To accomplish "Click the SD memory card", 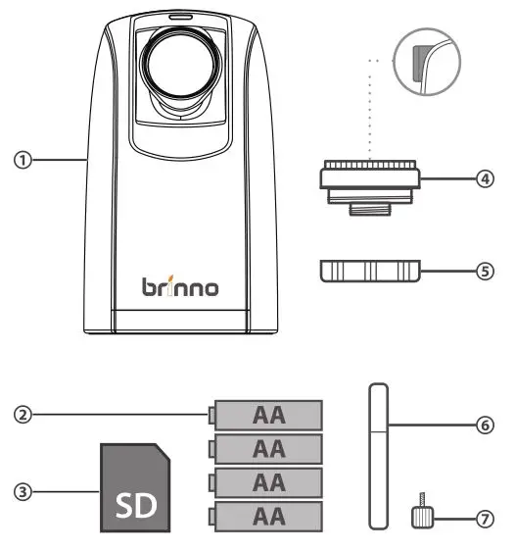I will (136, 488).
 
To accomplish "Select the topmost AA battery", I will (266, 415).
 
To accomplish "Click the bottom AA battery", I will (266, 517).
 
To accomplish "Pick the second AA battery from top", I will (266, 449).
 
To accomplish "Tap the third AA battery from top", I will (266, 482).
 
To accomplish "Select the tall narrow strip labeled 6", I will (377, 457).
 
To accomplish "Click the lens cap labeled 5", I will (370, 272).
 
